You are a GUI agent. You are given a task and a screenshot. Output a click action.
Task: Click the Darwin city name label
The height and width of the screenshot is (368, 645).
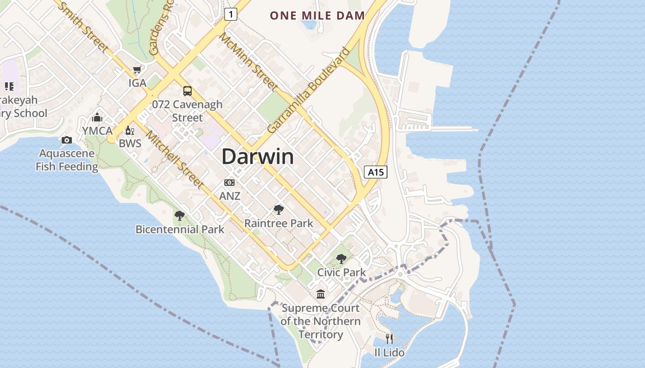click(258, 157)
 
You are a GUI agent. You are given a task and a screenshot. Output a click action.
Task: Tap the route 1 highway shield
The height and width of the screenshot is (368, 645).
click(231, 14)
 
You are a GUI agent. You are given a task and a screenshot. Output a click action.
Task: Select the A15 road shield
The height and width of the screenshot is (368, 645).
click(375, 172)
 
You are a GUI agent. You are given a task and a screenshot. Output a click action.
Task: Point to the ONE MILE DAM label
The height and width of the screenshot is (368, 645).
click(317, 16)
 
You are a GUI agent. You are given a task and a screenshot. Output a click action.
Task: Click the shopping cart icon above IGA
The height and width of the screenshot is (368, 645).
click(137, 70)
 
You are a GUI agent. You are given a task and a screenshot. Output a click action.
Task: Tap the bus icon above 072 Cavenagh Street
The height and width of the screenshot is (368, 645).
click(187, 91)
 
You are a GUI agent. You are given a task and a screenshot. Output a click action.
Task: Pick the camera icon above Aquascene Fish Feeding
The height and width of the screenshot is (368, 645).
click(67, 140)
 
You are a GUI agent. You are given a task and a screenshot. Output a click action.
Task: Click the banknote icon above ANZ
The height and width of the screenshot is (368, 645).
click(229, 183)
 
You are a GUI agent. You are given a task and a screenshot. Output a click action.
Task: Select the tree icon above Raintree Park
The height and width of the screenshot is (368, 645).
click(278, 210)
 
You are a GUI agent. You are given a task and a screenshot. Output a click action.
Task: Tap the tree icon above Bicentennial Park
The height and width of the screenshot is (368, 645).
click(180, 215)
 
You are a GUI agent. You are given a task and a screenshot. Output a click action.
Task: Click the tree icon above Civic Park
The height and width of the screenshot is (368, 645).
click(341, 259)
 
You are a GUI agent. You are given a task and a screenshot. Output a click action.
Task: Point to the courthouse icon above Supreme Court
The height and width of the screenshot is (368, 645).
click(320, 294)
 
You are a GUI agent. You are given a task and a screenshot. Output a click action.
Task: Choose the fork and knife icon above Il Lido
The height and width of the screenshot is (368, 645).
click(389, 339)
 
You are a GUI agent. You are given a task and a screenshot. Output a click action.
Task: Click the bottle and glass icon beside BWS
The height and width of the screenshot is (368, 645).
click(130, 131)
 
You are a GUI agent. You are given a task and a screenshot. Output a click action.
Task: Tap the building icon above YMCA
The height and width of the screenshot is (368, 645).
click(97, 117)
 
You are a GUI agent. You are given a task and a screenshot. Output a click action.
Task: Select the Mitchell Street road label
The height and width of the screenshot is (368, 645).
click(175, 159)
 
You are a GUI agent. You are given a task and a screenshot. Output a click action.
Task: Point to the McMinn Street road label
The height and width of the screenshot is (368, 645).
click(249, 61)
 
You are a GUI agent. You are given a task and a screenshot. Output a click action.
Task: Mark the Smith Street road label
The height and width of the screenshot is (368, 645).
click(85, 28)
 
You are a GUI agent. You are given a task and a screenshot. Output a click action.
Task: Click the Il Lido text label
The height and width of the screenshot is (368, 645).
click(389, 353)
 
